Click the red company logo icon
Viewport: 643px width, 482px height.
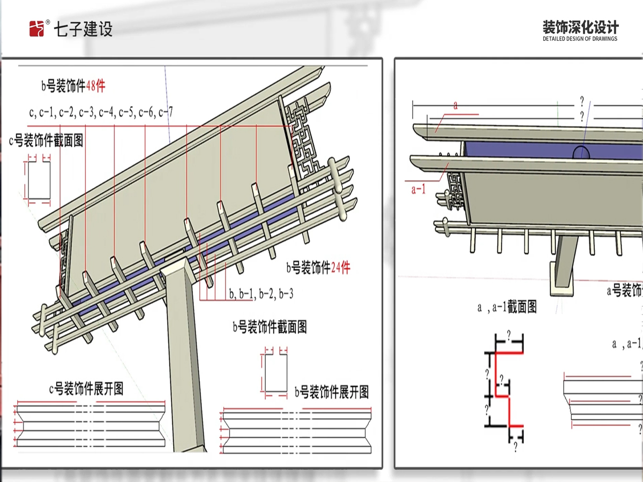pyautogui.click(x=36, y=29)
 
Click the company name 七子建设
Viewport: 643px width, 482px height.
pyautogui.click(x=83, y=29)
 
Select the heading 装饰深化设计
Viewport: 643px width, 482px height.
pyautogui.click(x=580, y=27)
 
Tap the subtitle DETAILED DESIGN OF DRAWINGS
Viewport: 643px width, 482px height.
pyautogui.click(x=580, y=39)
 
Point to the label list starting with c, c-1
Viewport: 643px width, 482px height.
pyautogui.click(x=101, y=112)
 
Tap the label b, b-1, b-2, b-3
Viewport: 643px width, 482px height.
pyautogui.click(x=261, y=293)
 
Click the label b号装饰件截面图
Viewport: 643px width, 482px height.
pyautogui.click(x=270, y=327)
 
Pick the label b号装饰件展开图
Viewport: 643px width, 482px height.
pyautogui.click(x=332, y=391)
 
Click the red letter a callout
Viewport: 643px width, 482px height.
pyautogui.click(x=455, y=106)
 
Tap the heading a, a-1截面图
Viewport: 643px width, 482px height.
pyautogui.click(x=507, y=307)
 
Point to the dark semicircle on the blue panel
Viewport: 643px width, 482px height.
pyautogui.click(x=581, y=152)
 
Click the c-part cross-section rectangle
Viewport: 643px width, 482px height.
pyautogui.click(x=39, y=180)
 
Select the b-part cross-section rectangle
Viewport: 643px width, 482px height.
pyautogui.click(x=275, y=373)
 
